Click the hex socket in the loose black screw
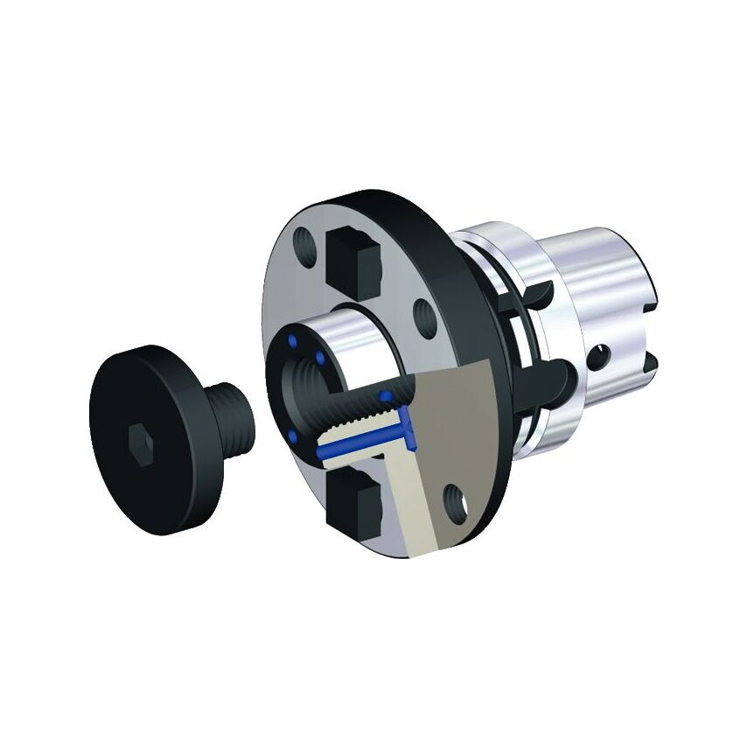click(x=137, y=435)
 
